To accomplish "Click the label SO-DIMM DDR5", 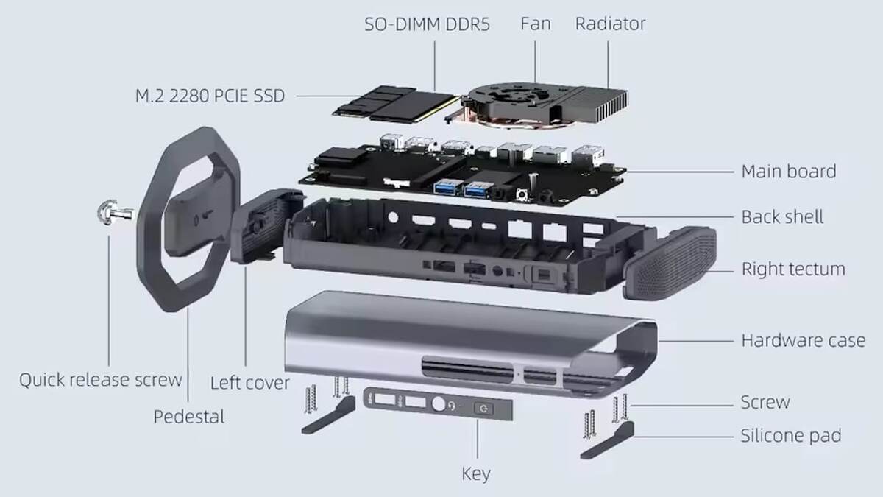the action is click(x=427, y=24).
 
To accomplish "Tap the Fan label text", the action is click(x=536, y=24).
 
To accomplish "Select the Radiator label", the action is click(x=610, y=24).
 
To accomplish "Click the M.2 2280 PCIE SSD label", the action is click(x=210, y=96).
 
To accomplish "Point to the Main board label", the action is click(x=789, y=172).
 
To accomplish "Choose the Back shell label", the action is click(x=782, y=217).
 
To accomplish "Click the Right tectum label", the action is click(x=793, y=269).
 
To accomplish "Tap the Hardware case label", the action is click(x=804, y=340).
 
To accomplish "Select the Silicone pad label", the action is click(x=791, y=435).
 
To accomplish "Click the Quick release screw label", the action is click(x=101, y=380).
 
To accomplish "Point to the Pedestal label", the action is click(x=189, y=417).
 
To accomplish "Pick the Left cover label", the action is click(x=250, y=383).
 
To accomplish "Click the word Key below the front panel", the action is click(x=476, y=474).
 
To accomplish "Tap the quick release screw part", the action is click(x=114, y=213).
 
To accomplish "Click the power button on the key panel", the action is click(x=484, y=409).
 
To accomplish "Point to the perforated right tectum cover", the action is click(x=670, y=263).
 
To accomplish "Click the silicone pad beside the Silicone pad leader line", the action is click(x=608, y=440).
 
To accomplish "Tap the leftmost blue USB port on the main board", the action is click(x=448, y=187).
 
